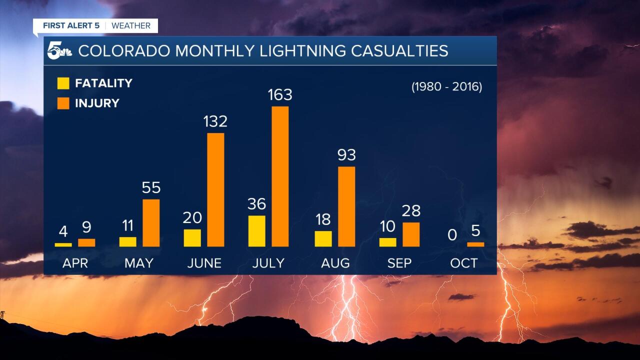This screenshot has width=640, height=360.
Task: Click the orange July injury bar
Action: [x=280, y=176]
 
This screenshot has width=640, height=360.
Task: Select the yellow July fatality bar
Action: [x=256, y=231]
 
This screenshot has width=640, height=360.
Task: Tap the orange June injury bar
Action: [x=215, y=189]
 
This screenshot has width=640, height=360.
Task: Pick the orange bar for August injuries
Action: [x=346, y=206]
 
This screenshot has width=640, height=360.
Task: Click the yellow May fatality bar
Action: [x=127, y=241]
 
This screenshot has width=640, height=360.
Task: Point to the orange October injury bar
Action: [x=475, y=244]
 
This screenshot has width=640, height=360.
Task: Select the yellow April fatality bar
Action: [x=63, y=244]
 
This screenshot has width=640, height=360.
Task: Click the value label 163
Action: [x=279, y=95]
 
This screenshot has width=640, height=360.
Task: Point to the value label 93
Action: [x=346, y=155]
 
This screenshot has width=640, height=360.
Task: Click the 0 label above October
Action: [x=452, y=235]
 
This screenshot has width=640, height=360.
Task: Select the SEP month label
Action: [x=399, y=263]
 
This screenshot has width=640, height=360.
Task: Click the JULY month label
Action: [x=268, y=263]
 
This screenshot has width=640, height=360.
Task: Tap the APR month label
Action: [x=75, y=263]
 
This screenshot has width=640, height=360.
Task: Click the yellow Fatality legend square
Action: [x=63, y=83]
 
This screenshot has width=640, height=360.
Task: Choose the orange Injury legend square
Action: [x=63, y=103]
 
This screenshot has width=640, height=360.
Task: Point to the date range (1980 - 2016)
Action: [x=446, y=86]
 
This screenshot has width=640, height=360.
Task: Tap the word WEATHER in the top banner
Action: [x=131, y=25]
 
